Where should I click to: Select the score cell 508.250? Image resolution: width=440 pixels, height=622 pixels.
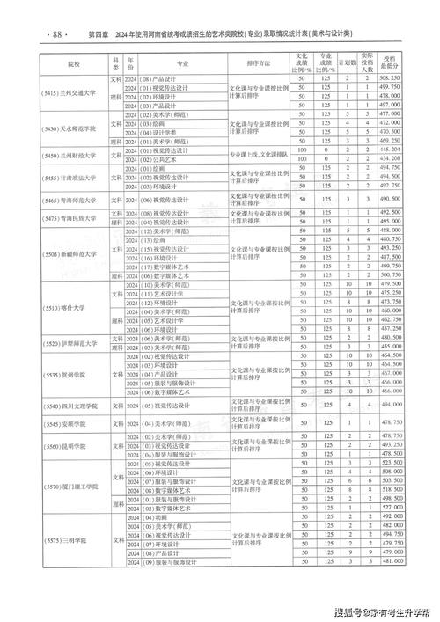(x=390, y=78)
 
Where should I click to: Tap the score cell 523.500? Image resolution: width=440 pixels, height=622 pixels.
(x=390, y=462)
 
